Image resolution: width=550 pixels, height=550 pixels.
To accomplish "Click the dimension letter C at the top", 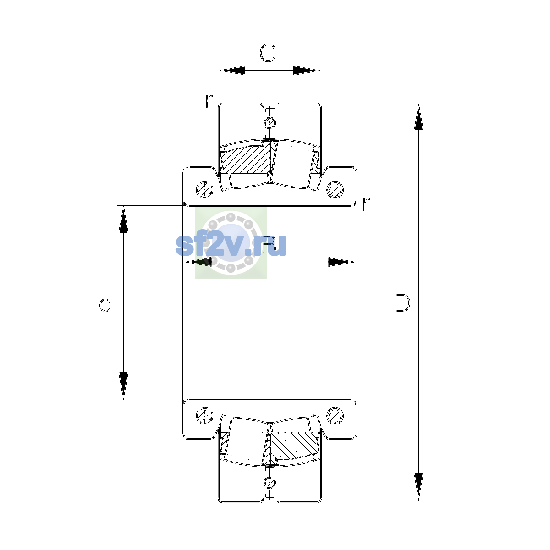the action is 267,53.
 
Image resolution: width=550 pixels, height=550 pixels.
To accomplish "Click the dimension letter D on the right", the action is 403,302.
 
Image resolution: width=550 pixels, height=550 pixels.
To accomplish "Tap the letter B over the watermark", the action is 269,245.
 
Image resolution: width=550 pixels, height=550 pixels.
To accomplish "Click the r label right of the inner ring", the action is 366,204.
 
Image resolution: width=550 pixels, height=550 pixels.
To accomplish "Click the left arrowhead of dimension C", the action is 232,70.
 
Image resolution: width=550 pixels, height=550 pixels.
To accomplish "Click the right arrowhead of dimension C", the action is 307,70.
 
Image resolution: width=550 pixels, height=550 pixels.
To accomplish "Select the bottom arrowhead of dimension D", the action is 419,486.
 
